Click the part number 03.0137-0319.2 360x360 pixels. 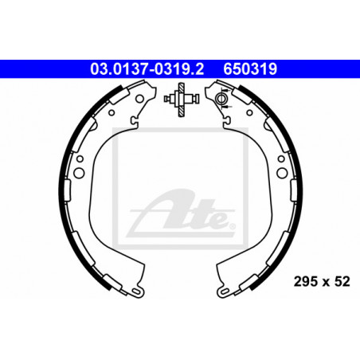(x=147, y=69)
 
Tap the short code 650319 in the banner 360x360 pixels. (x=250, y=69)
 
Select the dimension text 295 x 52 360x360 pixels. (x=322, y=282)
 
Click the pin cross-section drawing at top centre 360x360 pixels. (x=181, y=100)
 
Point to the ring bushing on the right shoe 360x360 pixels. (x=221, y=99)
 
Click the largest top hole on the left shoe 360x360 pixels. (x=139, y=99)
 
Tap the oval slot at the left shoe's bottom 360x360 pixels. (x=137, y=292)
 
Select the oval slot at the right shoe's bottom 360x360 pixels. (x=225, y=292)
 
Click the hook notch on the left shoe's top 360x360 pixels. (x=134, y=121)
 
